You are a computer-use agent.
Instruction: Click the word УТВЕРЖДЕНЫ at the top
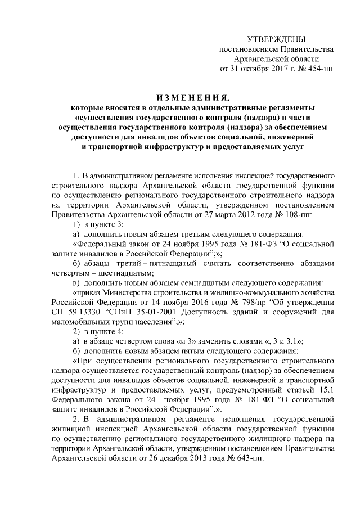[276, 39]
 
